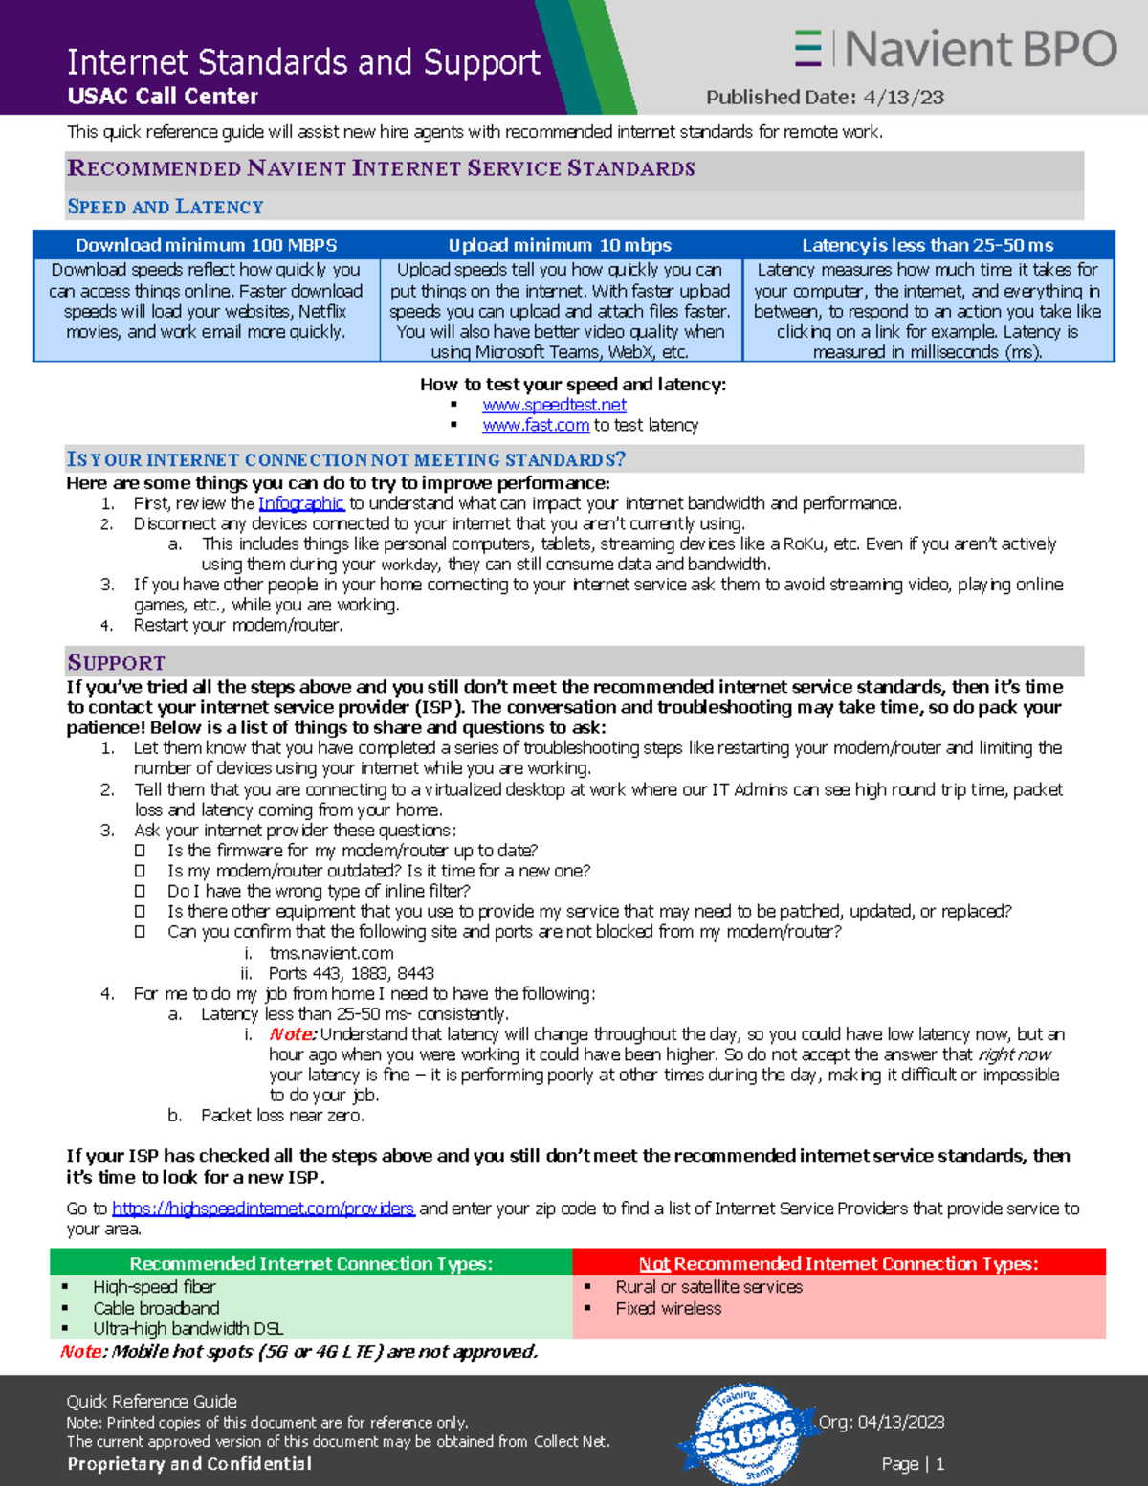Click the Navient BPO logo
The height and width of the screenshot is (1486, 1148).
coord(955,48)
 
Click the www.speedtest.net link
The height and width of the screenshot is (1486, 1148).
coord(554,405)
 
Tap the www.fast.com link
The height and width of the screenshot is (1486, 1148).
coord(535,425)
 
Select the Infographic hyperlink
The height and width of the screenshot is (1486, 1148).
coord(300,503)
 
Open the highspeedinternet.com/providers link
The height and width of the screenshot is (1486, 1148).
coord(263,1209)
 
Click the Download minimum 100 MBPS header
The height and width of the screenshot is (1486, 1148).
coord(206,245)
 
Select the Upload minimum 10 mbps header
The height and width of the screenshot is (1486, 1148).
coord(560,245)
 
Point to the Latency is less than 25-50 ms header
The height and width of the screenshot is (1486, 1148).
coord(927,245)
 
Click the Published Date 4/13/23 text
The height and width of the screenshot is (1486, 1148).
coord(825,97)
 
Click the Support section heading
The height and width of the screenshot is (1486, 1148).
coord(116,662)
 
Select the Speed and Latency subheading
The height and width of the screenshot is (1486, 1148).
coord(165,207)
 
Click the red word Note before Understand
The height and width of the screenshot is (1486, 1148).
coord(292,1034)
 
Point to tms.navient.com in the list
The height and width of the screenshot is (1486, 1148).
coord(331,953)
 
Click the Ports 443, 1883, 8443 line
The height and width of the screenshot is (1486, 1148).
coord(351,973)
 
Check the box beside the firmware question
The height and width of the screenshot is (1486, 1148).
coord(140,851)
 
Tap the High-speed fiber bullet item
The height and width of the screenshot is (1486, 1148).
coord(154,1287)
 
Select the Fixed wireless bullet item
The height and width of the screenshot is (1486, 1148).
coord(668,1308)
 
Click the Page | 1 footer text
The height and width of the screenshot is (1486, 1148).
coord(913,1464)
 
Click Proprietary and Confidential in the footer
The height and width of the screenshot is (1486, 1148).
coord(189,1464)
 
